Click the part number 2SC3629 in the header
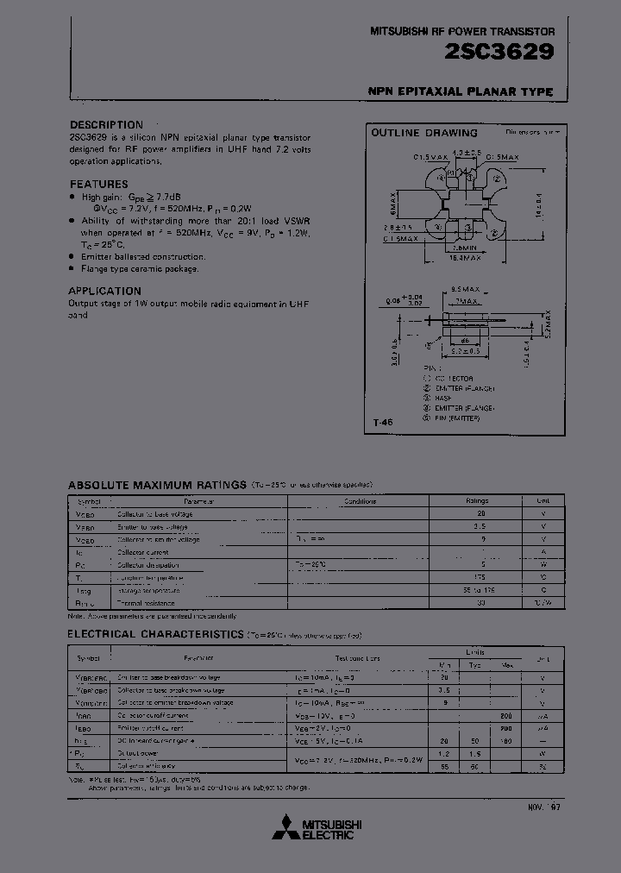click(x=511, y=51)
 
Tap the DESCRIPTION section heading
click(x=106, y=125)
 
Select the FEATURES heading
click(x=98, y=184)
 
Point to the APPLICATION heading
click(x=104, y=291)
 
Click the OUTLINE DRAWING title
click(x=423, y=133)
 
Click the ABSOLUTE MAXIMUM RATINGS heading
click(x=157, y=485)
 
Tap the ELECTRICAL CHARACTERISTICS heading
click(x=155, y=634)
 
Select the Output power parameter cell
click(x=138, y=753)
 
